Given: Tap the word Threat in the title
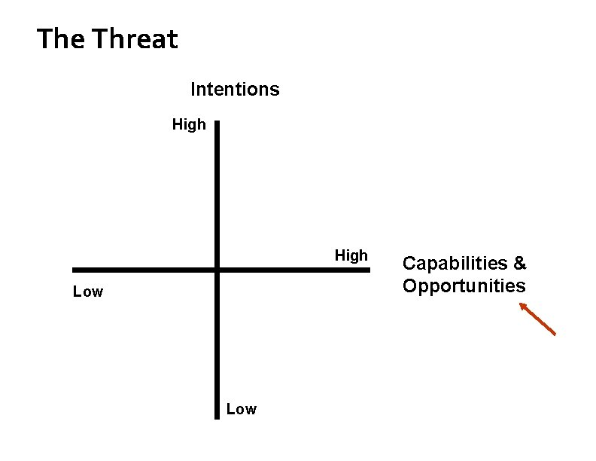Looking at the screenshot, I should coord(135,38).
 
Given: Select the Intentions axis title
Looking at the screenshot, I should coord(235,90).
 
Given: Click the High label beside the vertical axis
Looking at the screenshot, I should coord(189,124).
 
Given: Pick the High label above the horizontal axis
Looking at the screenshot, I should coord(351,255).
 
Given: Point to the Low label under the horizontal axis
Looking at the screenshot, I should coord(88,292).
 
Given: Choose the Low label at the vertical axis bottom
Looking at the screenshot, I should coord(241,409).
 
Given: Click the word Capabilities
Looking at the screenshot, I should coord(455,264).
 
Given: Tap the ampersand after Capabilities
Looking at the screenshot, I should coord(520,264).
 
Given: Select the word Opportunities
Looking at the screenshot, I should coord(464,286).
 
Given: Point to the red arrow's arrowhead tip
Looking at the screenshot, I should coord(520,304).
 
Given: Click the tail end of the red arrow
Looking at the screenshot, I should coord(555,334).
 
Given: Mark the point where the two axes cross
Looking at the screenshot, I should coord(217,270).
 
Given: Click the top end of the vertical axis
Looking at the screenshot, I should coord(217,122).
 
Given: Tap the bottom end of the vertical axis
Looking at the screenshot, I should coord(217,415).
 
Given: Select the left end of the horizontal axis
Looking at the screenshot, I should coord(74,270).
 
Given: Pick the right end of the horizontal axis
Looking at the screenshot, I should coord(369,270).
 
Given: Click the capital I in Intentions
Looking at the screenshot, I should coord(193,90).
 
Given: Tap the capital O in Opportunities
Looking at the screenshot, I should coord(411,286).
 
